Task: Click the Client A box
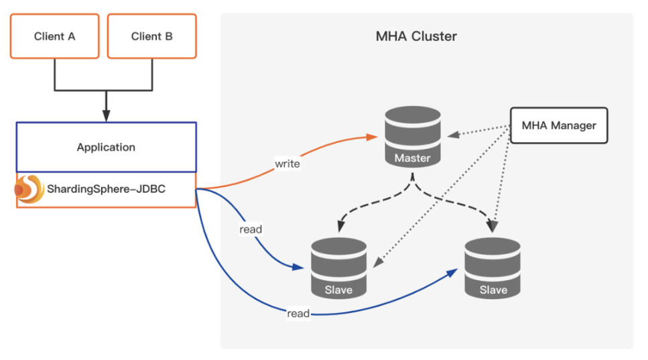tap(54, 36)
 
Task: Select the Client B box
tap(151, 36)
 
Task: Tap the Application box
tap(106, 147)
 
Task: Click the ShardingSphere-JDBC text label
tap(106, 189)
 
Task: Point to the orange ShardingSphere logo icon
tap(29, 189)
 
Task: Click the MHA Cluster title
tap(416, 36)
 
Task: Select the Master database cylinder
tap(412, 136)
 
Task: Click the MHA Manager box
tap(559, 125)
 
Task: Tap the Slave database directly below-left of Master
tap(338, 268)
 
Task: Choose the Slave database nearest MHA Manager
tap(493, 268)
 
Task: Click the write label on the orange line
tap(287, 164)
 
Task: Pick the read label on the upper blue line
tap(251, 229)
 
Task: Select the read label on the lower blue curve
tap(298, 313)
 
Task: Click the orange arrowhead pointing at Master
tap(372, 137)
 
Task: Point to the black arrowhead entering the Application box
tap(106, 116)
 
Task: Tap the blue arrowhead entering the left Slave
tap(298, 267)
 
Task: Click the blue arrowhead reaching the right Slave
tap(452, 273)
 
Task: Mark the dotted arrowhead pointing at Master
tap(454, 134)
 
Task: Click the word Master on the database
tap(412, 158)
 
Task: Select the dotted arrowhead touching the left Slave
tap(378, 262)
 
